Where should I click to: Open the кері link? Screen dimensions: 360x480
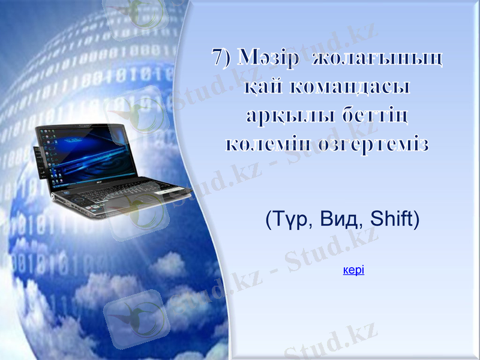coord(353,270)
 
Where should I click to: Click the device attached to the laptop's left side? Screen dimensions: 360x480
coord(40,162)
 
